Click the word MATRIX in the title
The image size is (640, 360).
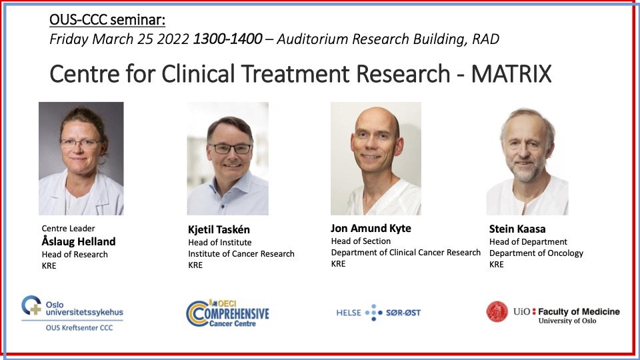[511, 74]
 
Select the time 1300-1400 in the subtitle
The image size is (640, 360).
[227, 39]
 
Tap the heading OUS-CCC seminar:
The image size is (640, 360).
[107, 19]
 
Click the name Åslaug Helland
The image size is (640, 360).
[79, 241]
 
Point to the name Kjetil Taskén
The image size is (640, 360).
[219, 229]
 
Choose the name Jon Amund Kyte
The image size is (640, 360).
[371, 228]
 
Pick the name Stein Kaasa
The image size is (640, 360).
[517, 229]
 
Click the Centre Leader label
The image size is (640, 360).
[68, 228]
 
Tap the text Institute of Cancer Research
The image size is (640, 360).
[241, 253]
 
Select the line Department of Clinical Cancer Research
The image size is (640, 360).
[406, 252]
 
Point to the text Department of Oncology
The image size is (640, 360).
[536, 253]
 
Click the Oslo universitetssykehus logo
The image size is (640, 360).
[72, 313]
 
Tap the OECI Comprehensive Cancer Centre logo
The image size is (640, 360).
[227, 313]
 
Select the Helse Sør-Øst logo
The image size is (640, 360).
[378, 313]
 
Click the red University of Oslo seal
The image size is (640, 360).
[497, 312]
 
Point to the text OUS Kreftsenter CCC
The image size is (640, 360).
[79, 327]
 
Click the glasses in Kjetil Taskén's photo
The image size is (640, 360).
[230, 149]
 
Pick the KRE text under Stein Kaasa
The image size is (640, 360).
[496, 264]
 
